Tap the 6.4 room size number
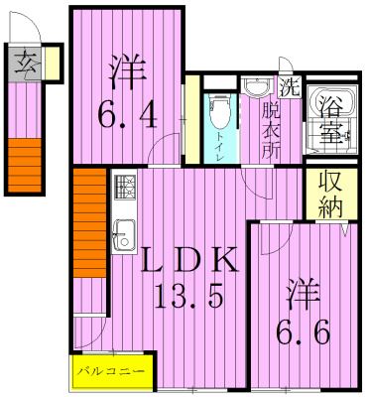click(x=127, y=117)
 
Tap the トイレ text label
click(x=219, y=149)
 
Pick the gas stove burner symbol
click(x=127, y=187)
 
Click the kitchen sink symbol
click(x=124, y=235)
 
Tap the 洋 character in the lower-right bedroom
click(x=303, y=295)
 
